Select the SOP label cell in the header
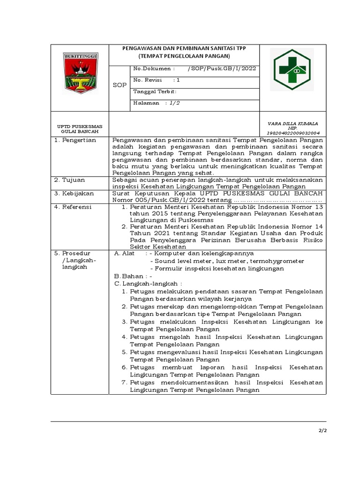[120, 85]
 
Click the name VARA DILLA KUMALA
[292, 124]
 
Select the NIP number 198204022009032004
[292, 133]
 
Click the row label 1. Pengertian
[76, 140]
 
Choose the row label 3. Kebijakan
[75, 193]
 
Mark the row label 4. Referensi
[75, 207]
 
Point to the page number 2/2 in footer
[322, 431]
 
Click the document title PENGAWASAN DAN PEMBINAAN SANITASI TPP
[184, 49]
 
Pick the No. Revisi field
[157, 80]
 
